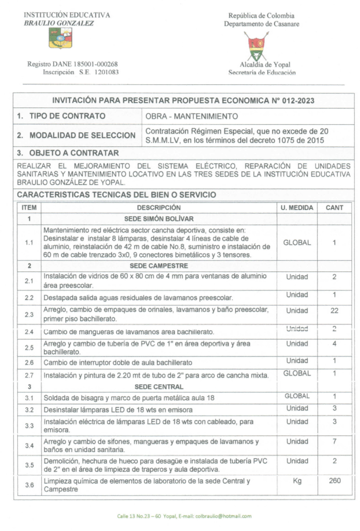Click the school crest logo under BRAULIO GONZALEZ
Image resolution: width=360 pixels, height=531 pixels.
tap(60, 38)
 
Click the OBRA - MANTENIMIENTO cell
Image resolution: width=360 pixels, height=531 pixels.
tap(192, 116)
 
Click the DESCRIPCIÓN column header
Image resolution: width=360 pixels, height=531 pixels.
tap(158, 208)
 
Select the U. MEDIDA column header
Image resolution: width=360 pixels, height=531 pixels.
tap(297, 208)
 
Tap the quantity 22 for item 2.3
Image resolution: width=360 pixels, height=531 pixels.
tap(334, 311)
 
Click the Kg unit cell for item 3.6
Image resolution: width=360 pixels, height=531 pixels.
tap(297, 481)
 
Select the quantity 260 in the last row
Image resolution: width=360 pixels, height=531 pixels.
tap(335, 481)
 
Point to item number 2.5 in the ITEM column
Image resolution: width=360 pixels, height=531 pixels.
tap(29, 348)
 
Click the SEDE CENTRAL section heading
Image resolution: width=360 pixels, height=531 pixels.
tap(158, 387)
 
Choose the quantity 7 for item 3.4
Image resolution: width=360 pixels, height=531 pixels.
tap(334, 441)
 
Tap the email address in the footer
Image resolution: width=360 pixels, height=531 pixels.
tap(223, 517)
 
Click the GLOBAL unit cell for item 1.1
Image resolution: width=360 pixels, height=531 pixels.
tap(297, 242)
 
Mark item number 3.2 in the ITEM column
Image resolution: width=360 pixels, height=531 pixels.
tap(29, 410)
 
